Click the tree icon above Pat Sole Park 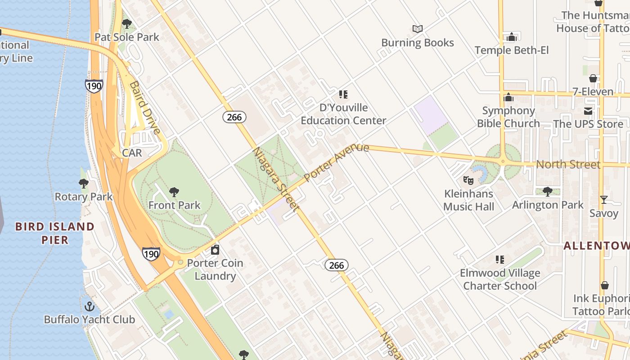coord(127,23)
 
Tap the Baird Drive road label coord(145,108)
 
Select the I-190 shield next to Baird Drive coord(94,86)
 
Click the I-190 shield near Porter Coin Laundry coord(151,254)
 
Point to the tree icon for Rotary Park coord(84,183)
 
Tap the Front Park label coord(174,205)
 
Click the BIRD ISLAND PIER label coord(55,233)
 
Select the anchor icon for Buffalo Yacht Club coord(90,306)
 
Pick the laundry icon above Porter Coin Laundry coord(215,250)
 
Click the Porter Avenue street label coord(337,163)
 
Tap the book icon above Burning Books coord(418,29)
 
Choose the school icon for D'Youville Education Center coord(343,94)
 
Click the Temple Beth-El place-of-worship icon coord(512,37)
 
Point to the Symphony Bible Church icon coord(508,97)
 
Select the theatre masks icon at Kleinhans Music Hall coord(468,180)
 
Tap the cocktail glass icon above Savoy coord(603,200)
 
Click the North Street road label coord(568,164)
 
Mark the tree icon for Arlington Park coord(547,192)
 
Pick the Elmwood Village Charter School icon coord(499,260)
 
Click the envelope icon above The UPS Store coord(588,111)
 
